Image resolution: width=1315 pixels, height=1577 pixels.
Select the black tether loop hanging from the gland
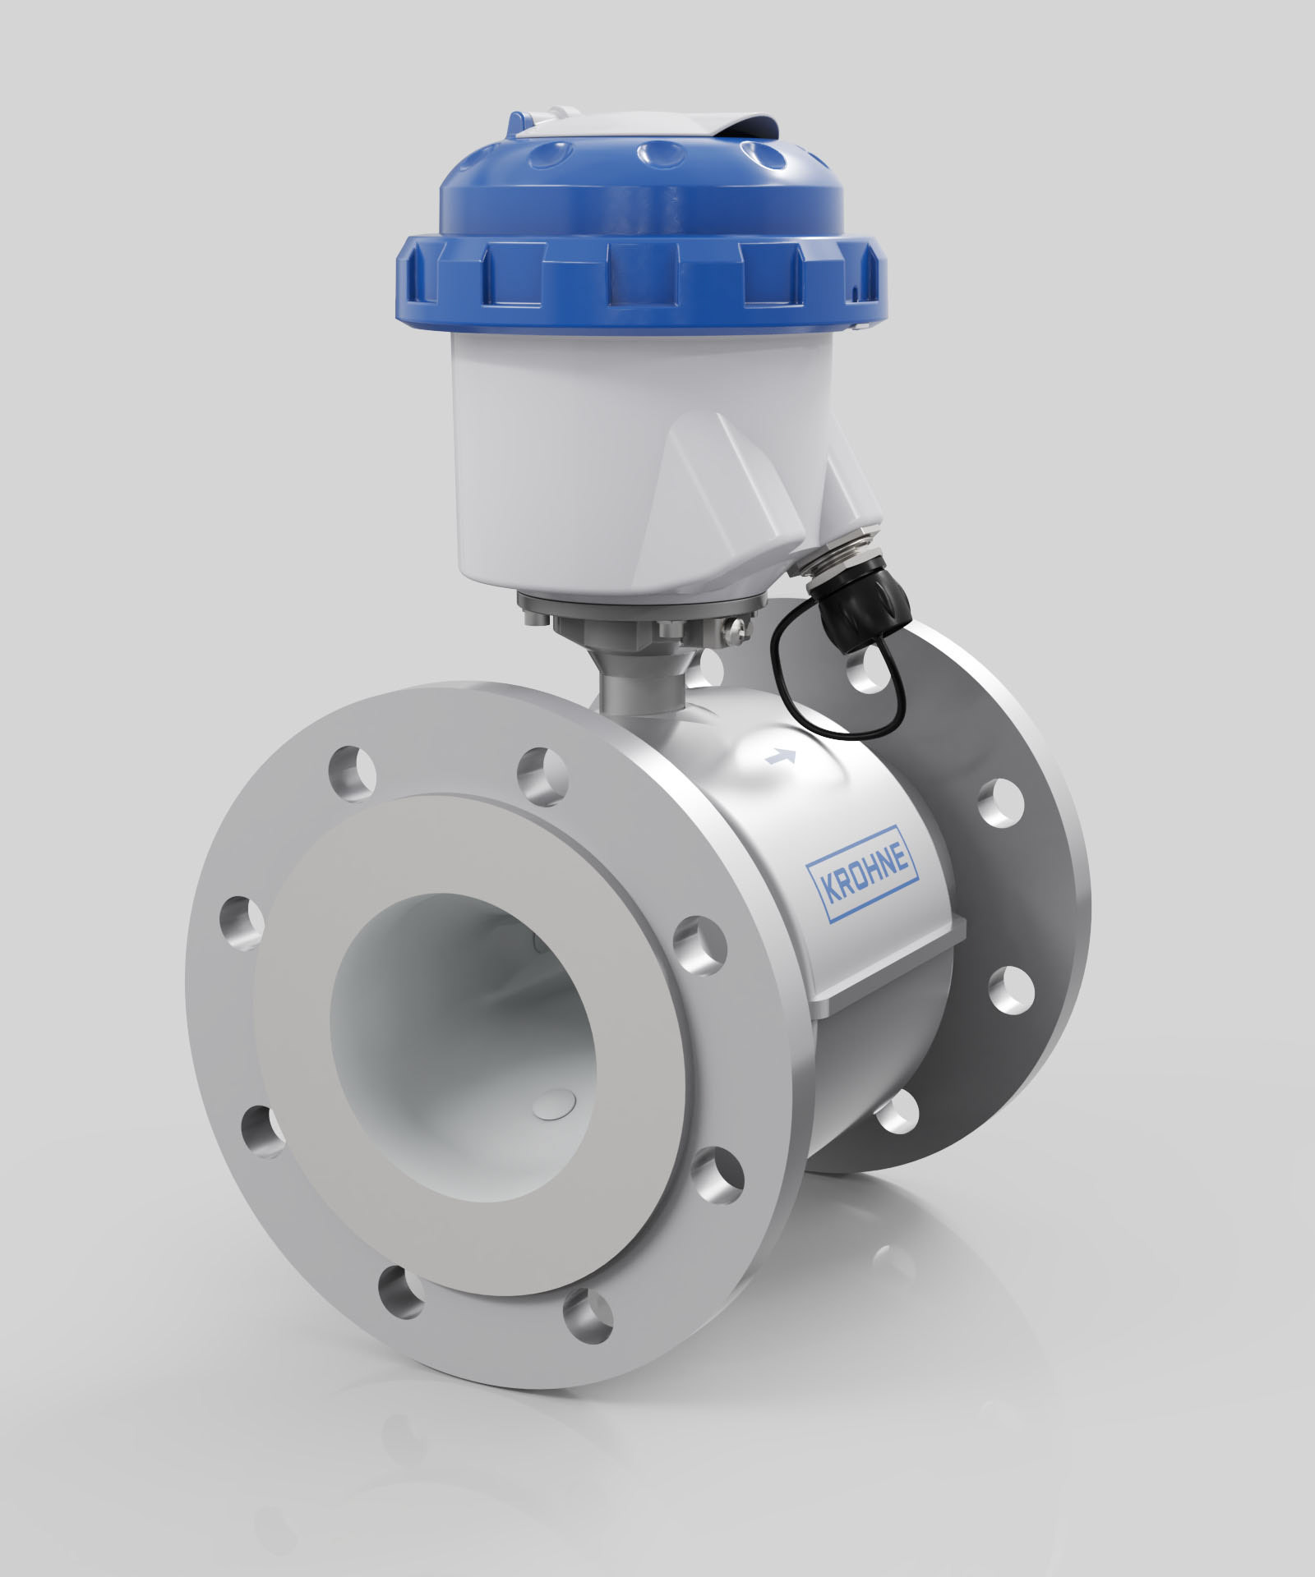coord(773,657)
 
